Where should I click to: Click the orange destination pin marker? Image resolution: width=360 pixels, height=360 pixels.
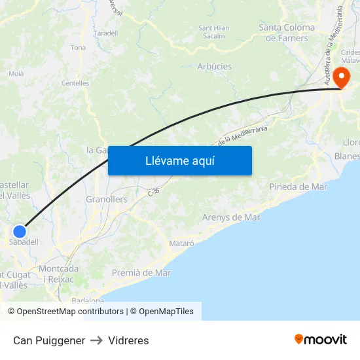[x=340, y=78]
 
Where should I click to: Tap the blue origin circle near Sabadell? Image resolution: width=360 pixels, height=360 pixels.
[x=20, y=231]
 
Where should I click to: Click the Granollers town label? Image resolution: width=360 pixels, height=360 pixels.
[x=107, y=199]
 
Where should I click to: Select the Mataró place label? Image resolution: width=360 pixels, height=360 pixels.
[x=181, y=243]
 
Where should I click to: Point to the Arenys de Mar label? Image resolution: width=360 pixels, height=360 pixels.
[x=231, y=217]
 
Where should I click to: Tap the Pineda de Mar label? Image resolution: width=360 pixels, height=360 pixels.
[x=298, y=187]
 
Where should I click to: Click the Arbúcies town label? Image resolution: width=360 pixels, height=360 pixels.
[x=214, y=66]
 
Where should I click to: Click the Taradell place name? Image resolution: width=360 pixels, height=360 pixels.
[x=105, y=33]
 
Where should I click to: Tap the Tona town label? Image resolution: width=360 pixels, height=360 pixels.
[x=78, y=47]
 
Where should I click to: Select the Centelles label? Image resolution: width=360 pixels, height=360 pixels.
[x=75, y=83]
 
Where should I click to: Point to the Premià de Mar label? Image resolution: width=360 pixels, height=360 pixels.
[x=141, y=272]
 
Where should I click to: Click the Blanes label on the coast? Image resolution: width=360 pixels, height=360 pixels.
[x=347, y=156]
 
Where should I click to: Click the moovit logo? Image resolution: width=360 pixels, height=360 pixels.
[x=321, y=339]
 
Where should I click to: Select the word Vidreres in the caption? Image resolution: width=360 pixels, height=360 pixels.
[x=128, y=340]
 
